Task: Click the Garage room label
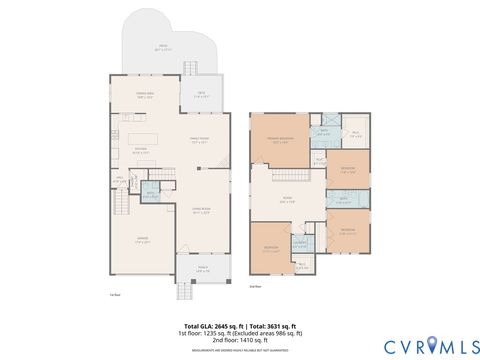(x=143, y=239)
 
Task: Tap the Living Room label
(x=200, y=210)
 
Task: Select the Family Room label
(x=199, y=140)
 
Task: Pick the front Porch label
(x=203, y=268)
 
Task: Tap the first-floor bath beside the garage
(x=150, y=196)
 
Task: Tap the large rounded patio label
(x=162, y=47)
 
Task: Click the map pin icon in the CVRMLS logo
(x=432, y=346)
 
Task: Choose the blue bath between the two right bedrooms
(x=342, y=199)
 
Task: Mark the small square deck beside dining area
(x=200, y=95)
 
